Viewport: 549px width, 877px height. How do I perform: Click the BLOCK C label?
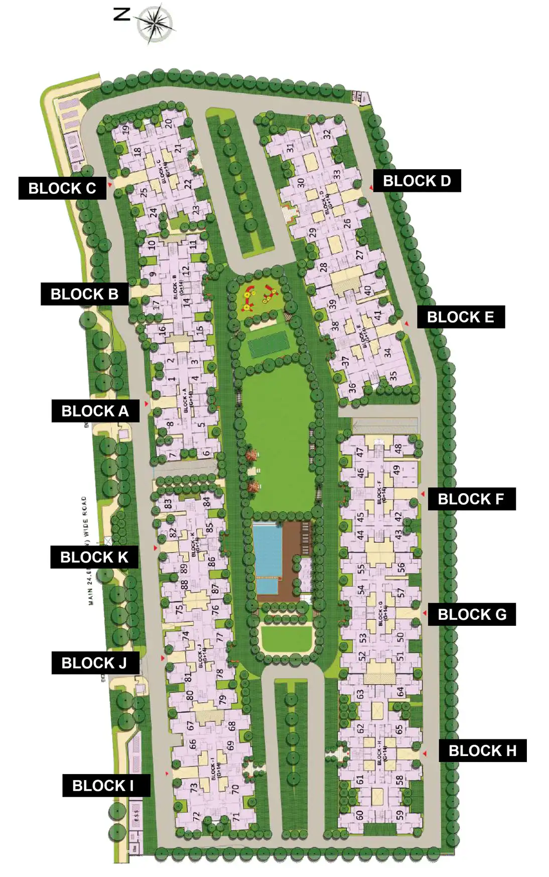coord(62,188)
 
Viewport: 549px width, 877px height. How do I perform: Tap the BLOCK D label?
coord(417,181)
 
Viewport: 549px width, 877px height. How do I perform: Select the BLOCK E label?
coord(460,317)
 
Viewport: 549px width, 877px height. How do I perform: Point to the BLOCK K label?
coord(94,557)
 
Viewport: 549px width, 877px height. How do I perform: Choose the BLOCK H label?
coord(482,750)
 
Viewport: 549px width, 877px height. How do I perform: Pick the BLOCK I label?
coord(103,786)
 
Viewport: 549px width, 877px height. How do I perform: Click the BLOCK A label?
coord(95,411)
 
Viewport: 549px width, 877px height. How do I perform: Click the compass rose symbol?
coord(156,23)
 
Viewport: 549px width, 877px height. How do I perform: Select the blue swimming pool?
coord(267,551)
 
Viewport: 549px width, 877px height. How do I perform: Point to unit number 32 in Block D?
coord(327,135)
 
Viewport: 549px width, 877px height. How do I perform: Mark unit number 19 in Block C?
coord(126,129)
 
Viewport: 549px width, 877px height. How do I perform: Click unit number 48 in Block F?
coord(398,448)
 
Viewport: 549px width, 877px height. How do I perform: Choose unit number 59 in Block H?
coord(399,815)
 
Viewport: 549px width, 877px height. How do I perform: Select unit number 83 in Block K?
coord(168,502)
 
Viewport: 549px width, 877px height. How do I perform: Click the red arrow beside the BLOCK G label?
coord(425,613)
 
